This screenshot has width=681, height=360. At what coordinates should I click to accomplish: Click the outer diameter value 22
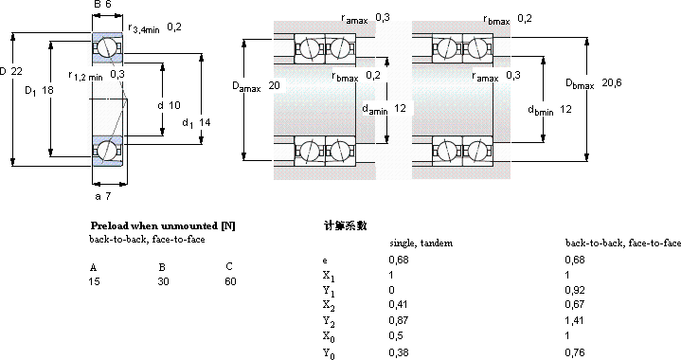tap(16, 71)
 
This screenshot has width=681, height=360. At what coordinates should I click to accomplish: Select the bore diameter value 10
tap(174, 105)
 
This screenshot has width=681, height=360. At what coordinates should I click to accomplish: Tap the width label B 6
tap(102, 5)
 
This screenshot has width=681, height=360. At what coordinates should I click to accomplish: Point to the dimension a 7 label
tap(103, 196)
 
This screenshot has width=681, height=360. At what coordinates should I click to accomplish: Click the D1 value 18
tap(47, 90)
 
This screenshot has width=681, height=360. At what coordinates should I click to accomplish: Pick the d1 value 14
tap(205, 122)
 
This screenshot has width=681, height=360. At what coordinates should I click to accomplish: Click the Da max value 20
tap(274, 85)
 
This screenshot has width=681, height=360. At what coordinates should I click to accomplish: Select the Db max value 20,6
tap(612, 82)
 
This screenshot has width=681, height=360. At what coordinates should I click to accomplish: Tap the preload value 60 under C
tap(230, 281)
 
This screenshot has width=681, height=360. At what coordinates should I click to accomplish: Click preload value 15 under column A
tap(95, 281)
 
